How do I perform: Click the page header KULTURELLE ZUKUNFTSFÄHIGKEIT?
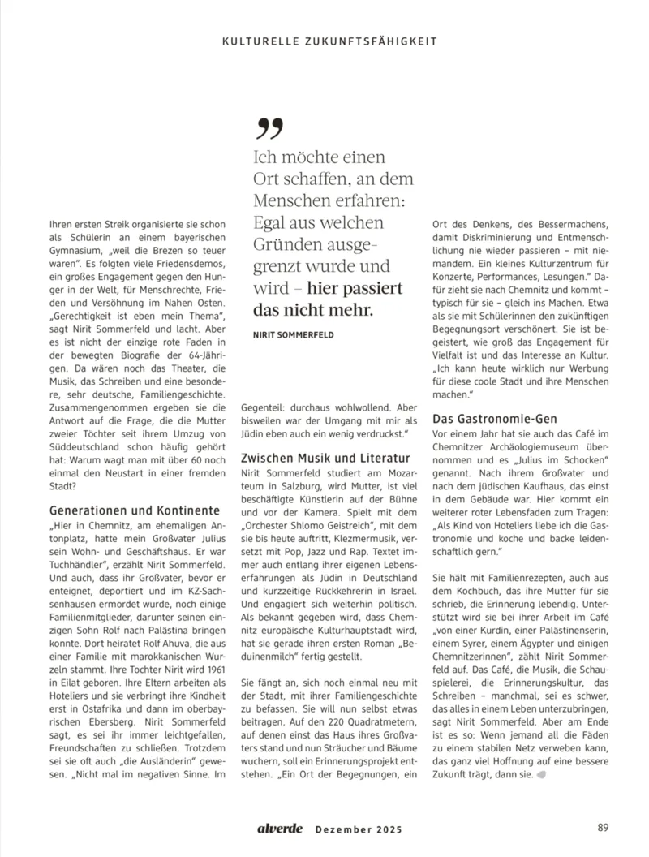[329, 40]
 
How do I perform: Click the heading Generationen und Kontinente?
[135, 510]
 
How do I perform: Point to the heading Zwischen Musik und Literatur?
[322, 458]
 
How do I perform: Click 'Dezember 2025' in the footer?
[357, 829]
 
